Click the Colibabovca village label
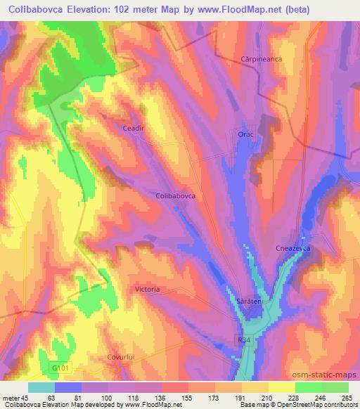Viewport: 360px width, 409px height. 175,197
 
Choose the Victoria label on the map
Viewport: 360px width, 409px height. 147,289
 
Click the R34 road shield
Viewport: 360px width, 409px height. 243,339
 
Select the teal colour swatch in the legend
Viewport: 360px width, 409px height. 41,387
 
